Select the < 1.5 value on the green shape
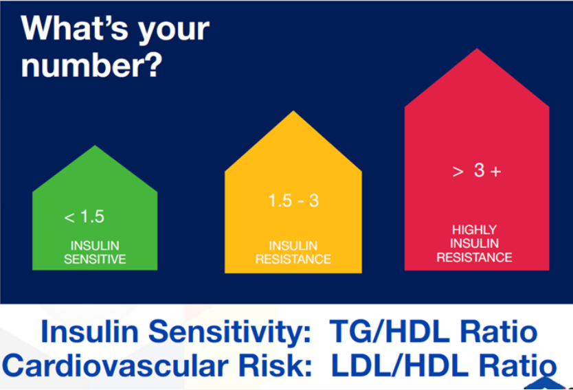(x=85, y=216)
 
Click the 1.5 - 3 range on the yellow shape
(x=293, y=200)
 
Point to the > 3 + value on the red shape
(x=477, y=170)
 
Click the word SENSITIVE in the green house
(x=95, y=259)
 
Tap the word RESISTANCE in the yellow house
(x=293, y=259)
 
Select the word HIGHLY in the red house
(x=474, y=230)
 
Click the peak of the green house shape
(x=95, y=146)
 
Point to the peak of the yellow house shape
(x=293, y=111)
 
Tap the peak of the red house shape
(x=477, y=48)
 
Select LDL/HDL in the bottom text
(x=399, y=365)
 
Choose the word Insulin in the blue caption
(x=89, y=331)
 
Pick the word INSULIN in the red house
(x=474, y=243)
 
